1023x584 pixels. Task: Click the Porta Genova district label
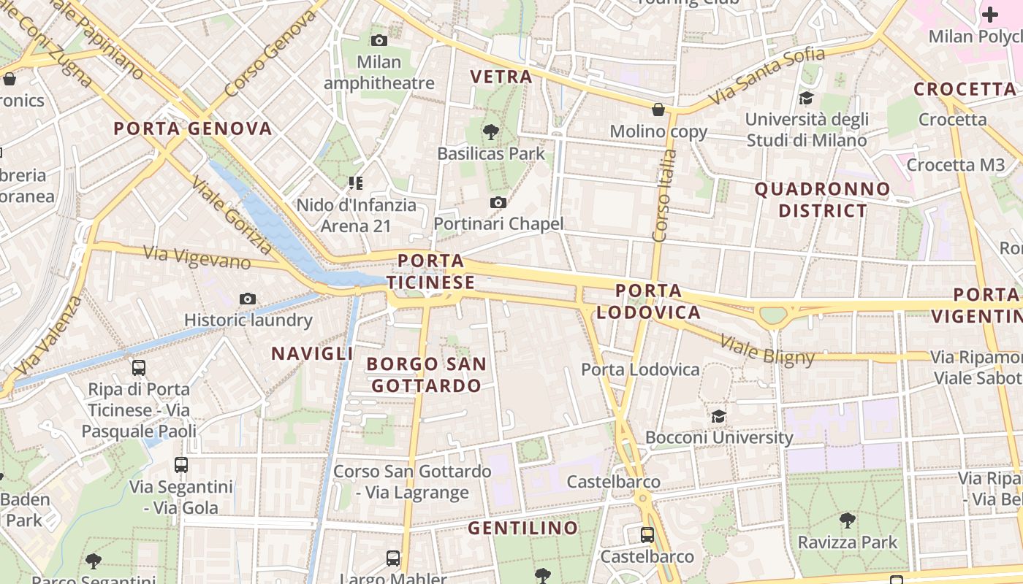click(193, 129)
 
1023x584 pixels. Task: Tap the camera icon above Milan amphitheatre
click(379, 41)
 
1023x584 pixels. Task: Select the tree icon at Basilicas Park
click(491, 132)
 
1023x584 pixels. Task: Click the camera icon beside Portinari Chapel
click(498, 202)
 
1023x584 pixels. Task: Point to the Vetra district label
click(501, 77)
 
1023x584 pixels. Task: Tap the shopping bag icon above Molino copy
click(658, 110)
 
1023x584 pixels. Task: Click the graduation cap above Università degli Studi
click(806, 98)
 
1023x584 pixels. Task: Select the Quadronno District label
click(823, 200)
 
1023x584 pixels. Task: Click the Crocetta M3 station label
click(956, 165)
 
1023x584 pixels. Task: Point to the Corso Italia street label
click(662, 195)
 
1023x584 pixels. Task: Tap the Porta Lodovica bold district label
click(648, 301)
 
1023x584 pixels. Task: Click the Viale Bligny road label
click(767, 349)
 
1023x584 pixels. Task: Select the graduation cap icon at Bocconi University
click(719, 416)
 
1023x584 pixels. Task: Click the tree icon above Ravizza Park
click(848, 520)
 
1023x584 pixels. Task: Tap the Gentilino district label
click(522, 528)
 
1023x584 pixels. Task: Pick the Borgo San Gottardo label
click(427, 374)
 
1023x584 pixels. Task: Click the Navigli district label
click(312, 354)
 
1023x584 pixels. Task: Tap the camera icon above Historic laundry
click(248, 299)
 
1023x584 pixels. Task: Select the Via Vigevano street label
click(197, 257)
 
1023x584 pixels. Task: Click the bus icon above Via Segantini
click(181, 464)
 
